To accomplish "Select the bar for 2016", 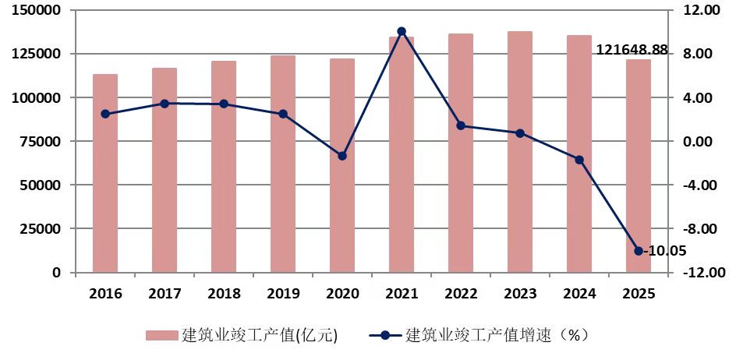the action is [x=105, y=173].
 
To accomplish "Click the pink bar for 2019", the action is [x=283, y=164].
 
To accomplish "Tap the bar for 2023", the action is [x=520, y=152].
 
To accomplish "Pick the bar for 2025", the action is [x=639, y=166].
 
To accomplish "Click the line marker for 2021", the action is [x=402, y=31].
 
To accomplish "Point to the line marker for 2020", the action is [x=342, y=156].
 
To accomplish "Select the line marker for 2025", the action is [x=639, y=251].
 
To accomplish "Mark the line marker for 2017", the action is [x=165, y=104].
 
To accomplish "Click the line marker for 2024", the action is [x=579, y=160].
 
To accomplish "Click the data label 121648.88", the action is [x=632, y=50].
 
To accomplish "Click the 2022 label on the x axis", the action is [x=461, y=294].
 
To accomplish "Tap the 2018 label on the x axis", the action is [x=224, y=294].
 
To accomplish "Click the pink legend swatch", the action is [x=161, y=336].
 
